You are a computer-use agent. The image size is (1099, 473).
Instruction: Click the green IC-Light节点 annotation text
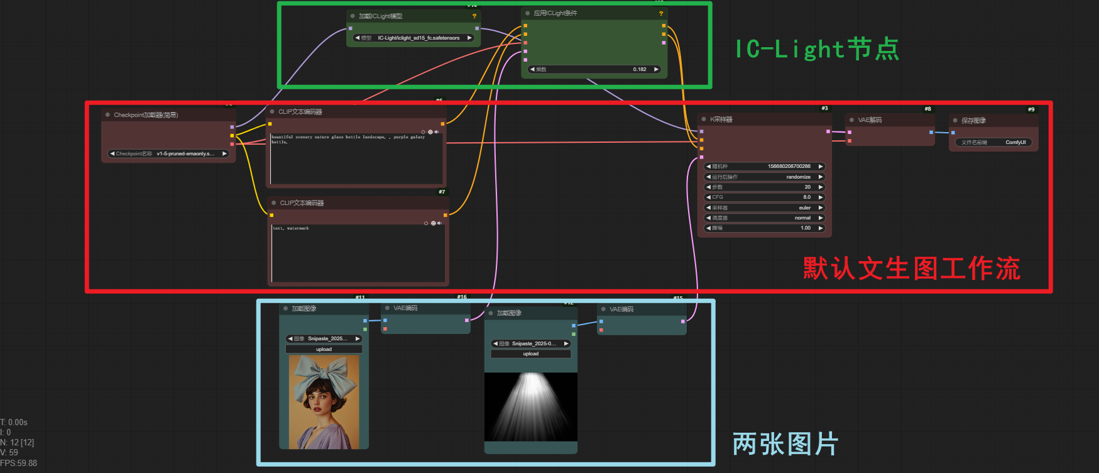coord(817,49)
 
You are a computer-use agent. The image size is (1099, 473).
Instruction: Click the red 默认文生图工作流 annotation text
coord(911,269)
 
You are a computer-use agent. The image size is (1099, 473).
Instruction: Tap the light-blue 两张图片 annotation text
coord(785,444)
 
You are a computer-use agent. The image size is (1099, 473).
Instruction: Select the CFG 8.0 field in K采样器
coord(764,198)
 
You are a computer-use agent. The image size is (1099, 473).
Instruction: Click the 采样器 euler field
coord(764,208)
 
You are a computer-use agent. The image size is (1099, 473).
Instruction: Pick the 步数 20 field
coord(764,187)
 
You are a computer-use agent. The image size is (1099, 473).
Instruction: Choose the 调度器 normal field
coord(764,218)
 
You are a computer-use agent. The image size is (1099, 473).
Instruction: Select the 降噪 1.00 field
coord(764,228)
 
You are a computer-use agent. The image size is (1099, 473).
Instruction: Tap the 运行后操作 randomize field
coord(764,177)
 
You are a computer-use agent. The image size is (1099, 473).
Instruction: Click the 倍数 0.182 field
coord(594,69)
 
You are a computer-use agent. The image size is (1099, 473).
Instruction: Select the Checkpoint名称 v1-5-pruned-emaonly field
coord(168,153)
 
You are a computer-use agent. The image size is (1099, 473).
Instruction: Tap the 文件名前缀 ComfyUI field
coord(993,142)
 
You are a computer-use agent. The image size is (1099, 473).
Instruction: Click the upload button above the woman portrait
coord(324,349)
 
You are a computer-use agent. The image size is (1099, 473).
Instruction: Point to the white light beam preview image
coord(531,406)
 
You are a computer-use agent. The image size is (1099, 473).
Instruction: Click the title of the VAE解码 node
coord(870,120)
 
